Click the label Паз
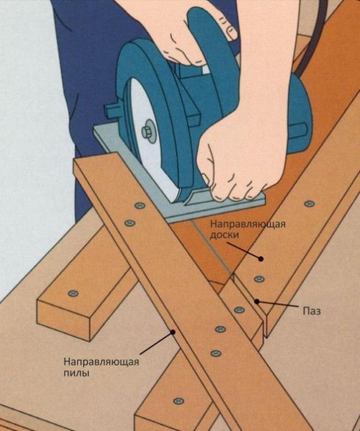point(312,312)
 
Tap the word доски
point(225,235)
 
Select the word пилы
point(76,373)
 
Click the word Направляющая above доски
point(248,224)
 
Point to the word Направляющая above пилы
point(102,362)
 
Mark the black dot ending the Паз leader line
point(256,301)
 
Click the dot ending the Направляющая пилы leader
point(173,332)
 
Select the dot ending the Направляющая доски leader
point(261,258)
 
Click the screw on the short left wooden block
point(73,294)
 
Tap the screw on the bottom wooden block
point(179,401)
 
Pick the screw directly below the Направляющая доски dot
point(259,279)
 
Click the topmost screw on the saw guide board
point(140,205)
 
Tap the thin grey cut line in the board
point(211,248)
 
